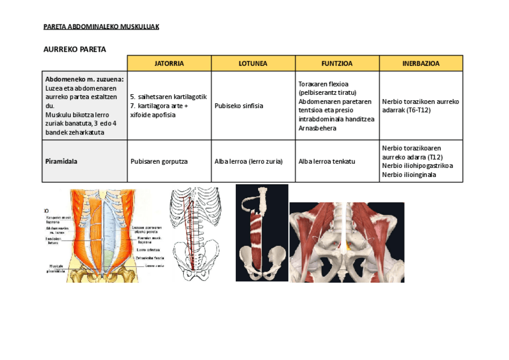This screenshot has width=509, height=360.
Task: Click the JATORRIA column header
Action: pos(169,63)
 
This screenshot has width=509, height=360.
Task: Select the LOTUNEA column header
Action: pos(253,63)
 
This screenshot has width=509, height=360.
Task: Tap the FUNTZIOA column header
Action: pos(337,63)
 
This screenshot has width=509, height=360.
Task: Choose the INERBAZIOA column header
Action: pos(421,63)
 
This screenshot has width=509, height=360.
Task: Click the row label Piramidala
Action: pos(61,161)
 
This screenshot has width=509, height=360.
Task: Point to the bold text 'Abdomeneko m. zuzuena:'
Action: pos(84,79)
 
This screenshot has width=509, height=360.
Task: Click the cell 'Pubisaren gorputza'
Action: pos(159,161)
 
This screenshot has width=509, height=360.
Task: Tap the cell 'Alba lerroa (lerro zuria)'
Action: pos(248,161)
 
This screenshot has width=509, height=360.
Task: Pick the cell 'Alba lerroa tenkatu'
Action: pos(327,161)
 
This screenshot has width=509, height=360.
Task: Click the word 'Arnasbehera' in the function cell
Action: pos(317,128)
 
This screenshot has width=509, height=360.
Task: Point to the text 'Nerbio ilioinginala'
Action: pos(409,175)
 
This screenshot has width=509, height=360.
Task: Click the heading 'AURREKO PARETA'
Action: pos(74,49)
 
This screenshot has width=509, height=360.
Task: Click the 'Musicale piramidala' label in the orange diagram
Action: pos(56,268)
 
